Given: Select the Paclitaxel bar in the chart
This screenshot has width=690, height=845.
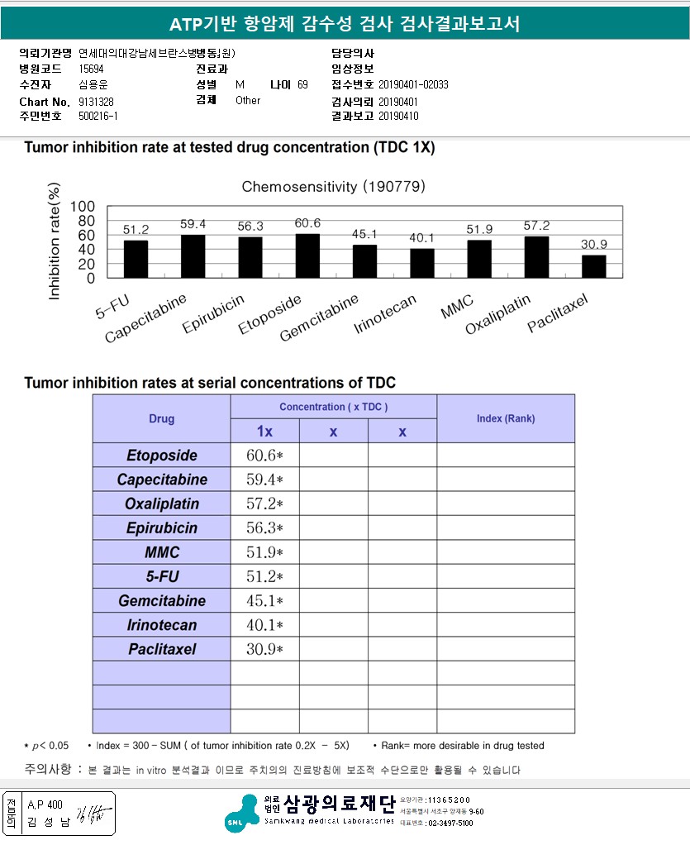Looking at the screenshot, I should click(x=594, y=266).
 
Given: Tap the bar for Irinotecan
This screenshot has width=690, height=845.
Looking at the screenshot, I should click(x=421, y=263).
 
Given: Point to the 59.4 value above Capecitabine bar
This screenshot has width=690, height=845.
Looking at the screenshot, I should click(x=193, y=224).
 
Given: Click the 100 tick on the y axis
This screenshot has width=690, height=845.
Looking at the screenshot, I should click(x=83, y=207).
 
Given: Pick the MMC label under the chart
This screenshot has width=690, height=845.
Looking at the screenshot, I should click(x=457, y=311).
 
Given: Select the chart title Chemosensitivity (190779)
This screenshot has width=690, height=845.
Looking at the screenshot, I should click(x=333, y=187).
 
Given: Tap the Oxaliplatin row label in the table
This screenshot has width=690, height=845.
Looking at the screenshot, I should click(x=162, y=504).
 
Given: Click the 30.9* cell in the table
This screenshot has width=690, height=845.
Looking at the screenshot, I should click(x=264, y=649).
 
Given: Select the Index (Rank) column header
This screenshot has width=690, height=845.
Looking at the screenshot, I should click(x=506, y=418).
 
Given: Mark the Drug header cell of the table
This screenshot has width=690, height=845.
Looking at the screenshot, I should click(x=162, y=418).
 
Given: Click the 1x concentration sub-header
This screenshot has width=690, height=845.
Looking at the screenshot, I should click(x=264, y=431).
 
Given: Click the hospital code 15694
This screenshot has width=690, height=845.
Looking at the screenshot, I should click(x=91, y=69).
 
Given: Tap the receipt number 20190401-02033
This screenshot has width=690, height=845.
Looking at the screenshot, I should click(x=413, y=85).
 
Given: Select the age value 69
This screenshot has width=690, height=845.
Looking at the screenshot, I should click(x=302, y=85).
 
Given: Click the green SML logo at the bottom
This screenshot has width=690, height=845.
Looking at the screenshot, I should click(x=244, y=812).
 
